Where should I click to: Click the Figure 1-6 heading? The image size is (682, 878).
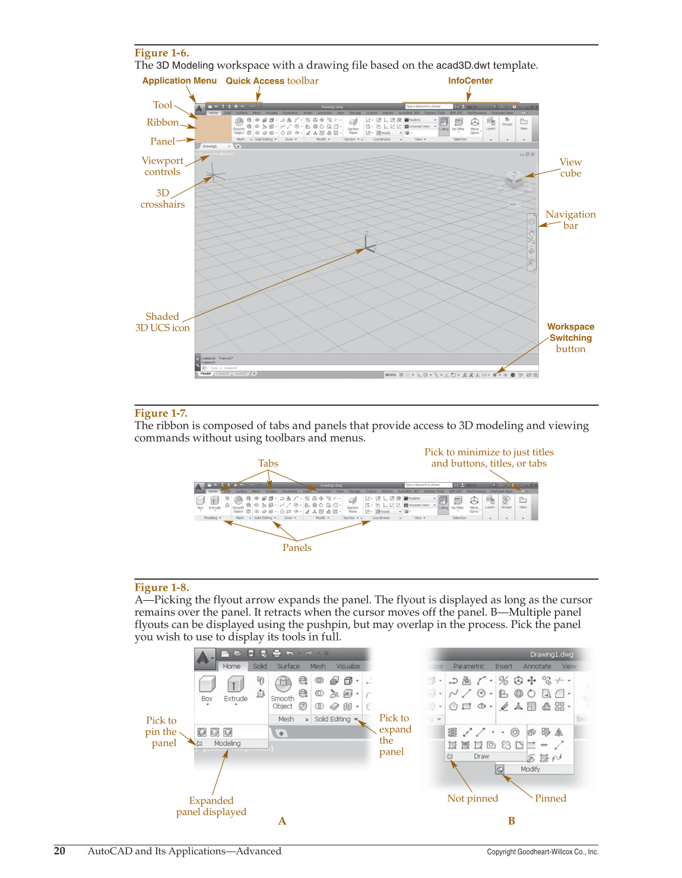click(161, 53)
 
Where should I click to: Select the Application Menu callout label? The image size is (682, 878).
click(179, 81)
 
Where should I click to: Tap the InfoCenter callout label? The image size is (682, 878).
click(470, 81)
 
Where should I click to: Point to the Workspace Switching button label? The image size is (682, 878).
click(570, 337)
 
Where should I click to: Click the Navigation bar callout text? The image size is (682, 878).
click(570, 220)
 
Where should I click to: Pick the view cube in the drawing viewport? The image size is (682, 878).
click(513, 178)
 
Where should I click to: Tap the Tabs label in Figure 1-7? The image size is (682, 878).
click(268, 463)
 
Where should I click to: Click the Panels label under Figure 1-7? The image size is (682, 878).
click(297, 547)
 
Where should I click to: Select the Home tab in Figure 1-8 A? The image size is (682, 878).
click(231, 666)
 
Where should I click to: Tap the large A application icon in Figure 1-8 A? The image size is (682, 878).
click(204, 658)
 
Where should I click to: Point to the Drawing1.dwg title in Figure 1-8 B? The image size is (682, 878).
click(551, 654)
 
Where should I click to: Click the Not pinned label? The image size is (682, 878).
click(472, 798)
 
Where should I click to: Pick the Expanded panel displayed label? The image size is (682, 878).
click(211, 806)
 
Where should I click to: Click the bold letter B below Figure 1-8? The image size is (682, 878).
click(511, 821)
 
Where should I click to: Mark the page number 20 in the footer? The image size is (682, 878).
click(59, 851)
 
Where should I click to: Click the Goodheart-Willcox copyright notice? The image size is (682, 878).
click(543, 852)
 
